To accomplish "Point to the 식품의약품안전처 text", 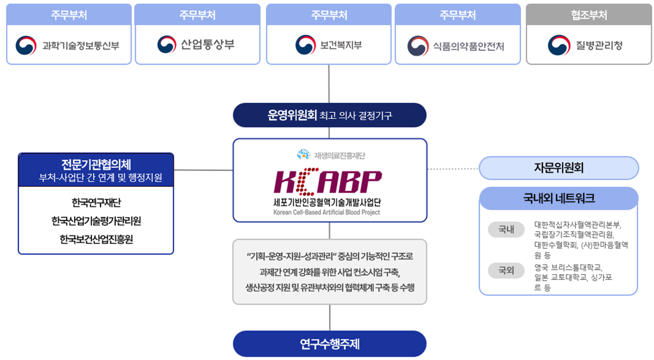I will click(x=468, y=45).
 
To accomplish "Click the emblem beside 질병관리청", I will click(x=558, y=44).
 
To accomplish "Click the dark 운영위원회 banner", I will click(x=329, y=116).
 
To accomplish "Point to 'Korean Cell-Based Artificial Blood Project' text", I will click(x=326, y=213).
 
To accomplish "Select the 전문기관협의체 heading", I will click(x=96, y=164).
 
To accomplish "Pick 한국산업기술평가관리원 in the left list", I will click(x=96, y=221).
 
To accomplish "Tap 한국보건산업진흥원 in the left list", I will click(x=96, y=239).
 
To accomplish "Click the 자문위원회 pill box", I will click(x=559, y=168).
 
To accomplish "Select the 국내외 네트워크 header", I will click(x=559, y=198).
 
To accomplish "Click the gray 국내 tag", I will click(x=506, y=230).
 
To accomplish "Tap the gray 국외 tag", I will click(x=506, y=271).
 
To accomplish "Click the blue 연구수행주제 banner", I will click(x=329, y=343).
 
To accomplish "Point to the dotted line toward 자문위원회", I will click(x=453, y=168).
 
